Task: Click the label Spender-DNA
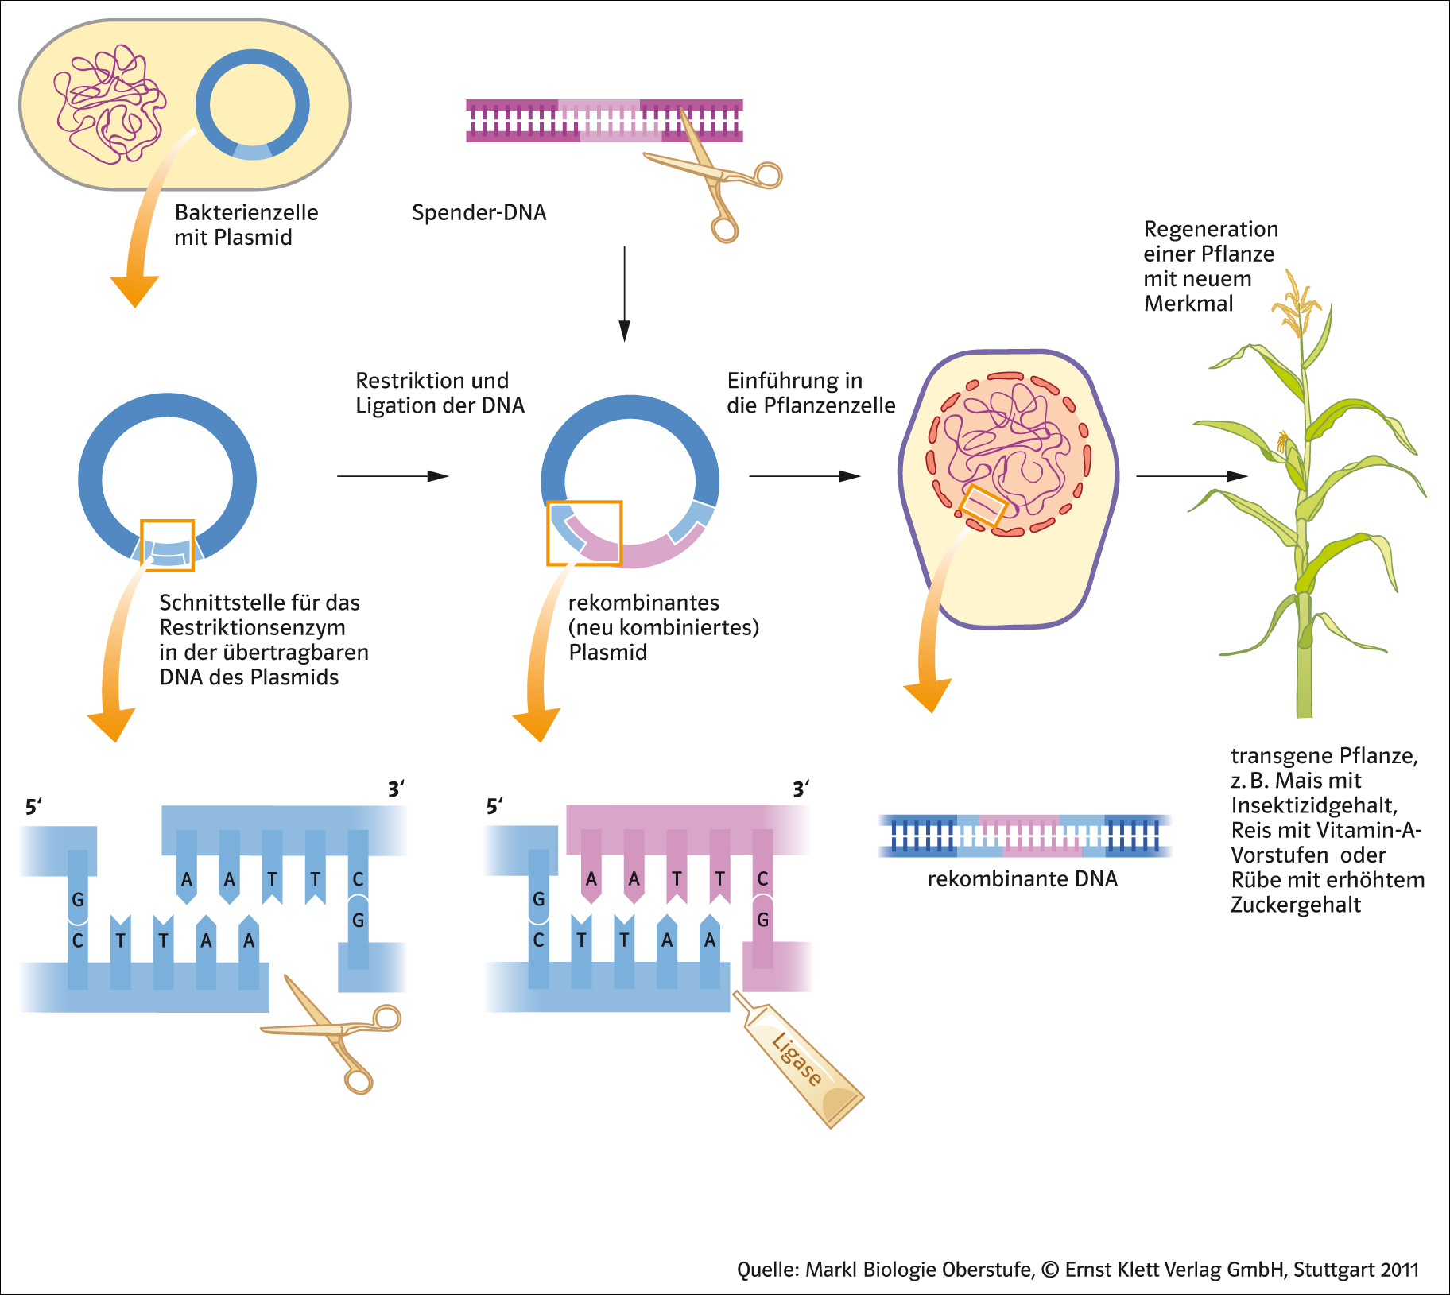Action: (x=479, y=213)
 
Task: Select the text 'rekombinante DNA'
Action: (x=1022, y=879)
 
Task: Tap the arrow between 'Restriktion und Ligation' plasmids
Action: (x=393, y=476)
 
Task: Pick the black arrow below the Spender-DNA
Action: (x=625, y=294)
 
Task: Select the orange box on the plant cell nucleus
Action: (x=983, y=506)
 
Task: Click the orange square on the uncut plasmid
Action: (x=167, y=545)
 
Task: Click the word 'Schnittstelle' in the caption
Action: (x=209, y=603)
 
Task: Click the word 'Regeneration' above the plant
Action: (x=1211, y=230)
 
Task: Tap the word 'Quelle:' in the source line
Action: (x=768, y=1270)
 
